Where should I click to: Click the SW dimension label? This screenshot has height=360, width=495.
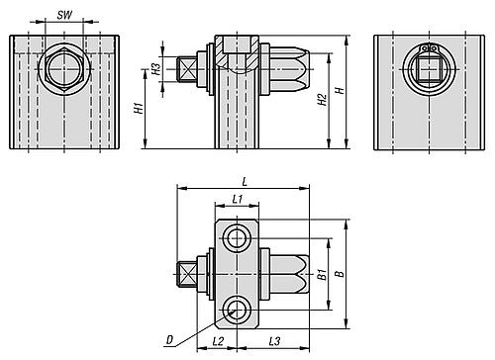click(64, 15)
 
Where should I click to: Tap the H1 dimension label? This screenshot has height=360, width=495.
click(140, 108)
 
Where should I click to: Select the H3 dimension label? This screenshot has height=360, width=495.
click(156, 68)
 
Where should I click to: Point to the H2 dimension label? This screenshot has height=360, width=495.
click(322, 100)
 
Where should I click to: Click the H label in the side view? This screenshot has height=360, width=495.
click(340, 90)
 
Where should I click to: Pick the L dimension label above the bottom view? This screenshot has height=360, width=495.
click(245, 181)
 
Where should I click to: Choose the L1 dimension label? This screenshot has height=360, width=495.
click(238, 199)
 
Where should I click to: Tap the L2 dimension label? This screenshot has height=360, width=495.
click(218, 341)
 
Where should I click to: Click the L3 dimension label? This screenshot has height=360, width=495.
click(274, 341)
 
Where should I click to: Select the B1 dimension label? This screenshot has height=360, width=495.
click(322, 274)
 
